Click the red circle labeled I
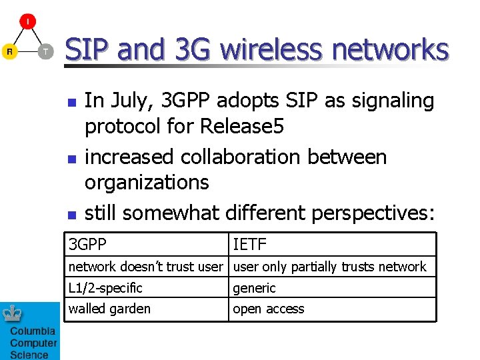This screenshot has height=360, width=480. coord(27,21)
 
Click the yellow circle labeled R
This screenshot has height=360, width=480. coord(9,51)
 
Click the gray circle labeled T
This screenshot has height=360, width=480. coord(45,51)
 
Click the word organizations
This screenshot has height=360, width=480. coord(147,182)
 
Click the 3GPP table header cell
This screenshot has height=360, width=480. coord(147,245)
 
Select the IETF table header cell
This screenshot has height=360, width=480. coord(332,245)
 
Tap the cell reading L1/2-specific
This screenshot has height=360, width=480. coord(147,288)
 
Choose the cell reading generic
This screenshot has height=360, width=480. coord(332,288)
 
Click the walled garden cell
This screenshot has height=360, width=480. coord(147,309)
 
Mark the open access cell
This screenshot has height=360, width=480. coord(332,309)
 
